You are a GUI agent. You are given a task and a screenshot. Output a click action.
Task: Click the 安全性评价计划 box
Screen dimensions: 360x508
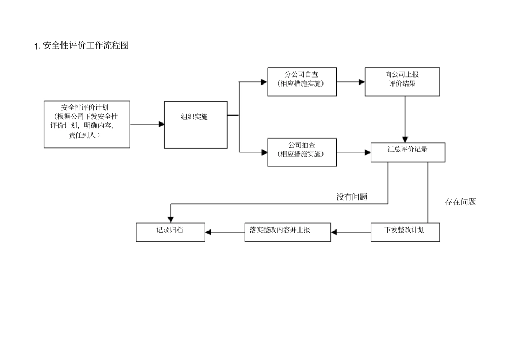87,124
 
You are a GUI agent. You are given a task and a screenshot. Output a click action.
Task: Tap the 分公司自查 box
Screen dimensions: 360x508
302,81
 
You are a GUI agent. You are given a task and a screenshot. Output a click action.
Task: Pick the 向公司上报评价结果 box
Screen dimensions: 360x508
402,81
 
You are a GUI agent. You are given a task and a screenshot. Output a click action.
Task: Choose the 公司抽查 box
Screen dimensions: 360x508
302,152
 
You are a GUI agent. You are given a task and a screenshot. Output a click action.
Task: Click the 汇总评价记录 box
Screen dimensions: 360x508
407,152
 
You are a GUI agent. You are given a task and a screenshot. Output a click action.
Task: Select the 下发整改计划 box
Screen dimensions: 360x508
405,232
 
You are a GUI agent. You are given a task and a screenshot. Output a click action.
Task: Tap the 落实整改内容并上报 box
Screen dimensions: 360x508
287,232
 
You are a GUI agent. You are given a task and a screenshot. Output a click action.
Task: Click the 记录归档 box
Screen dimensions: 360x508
170,232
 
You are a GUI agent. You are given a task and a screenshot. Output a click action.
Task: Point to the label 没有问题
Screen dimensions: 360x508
351,196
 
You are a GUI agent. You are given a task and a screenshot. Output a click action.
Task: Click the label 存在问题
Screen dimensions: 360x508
460,202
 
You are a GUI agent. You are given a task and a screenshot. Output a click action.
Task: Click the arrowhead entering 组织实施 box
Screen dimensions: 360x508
161,124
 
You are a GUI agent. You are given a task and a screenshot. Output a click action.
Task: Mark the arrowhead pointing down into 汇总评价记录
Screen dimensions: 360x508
405,139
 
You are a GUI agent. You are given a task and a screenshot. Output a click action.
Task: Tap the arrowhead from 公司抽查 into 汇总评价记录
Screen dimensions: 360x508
367,152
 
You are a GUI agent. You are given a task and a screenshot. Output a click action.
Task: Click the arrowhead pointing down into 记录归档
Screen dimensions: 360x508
170,218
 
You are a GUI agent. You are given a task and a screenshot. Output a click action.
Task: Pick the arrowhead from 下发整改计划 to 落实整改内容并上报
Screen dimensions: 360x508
335,232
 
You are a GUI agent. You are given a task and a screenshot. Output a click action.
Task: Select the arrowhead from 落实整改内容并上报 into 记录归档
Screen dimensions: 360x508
209,232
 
